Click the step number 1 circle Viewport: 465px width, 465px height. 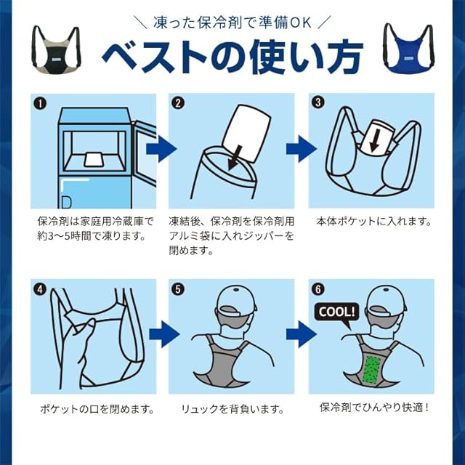coord(41,104)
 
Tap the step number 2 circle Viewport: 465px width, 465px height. coord(178,103)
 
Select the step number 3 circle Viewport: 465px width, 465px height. coord(318,102)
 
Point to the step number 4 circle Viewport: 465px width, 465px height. coord(41,289)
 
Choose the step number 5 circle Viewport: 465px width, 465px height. coord(178,289)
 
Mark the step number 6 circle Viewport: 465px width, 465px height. coord(318,289)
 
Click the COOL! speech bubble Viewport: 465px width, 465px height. coord(337,312)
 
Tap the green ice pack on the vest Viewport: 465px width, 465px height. coord(371,368)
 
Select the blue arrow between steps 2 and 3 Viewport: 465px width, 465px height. coord(302,149)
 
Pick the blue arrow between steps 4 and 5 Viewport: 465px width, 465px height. coord(164,334)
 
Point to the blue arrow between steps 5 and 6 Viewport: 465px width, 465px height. coord(302,334)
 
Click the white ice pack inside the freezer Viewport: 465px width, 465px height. coord(94,160)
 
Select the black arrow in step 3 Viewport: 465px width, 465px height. coord(375,139)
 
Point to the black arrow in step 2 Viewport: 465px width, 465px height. coord(236,158)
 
